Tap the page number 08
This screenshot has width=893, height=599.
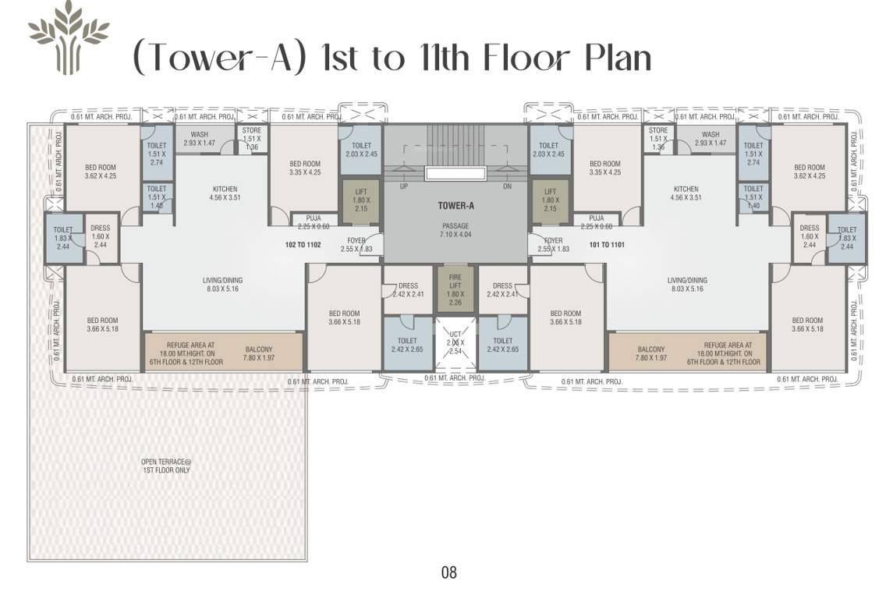pos(448,572)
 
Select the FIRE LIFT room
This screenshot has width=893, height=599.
pos(455,289)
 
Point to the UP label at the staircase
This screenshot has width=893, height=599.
pos(403,187)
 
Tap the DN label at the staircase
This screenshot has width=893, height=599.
pos(507,187)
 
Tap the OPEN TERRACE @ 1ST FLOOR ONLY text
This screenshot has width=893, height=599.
pos(165,466)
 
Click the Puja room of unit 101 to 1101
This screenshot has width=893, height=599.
pos(597,222)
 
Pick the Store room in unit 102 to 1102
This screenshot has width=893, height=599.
pos(251,138)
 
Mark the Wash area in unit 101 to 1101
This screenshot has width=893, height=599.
pos(710,138)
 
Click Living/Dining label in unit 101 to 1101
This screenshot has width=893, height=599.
pos(686,285)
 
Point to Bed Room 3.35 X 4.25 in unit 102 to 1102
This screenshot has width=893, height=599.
pos(304,168)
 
